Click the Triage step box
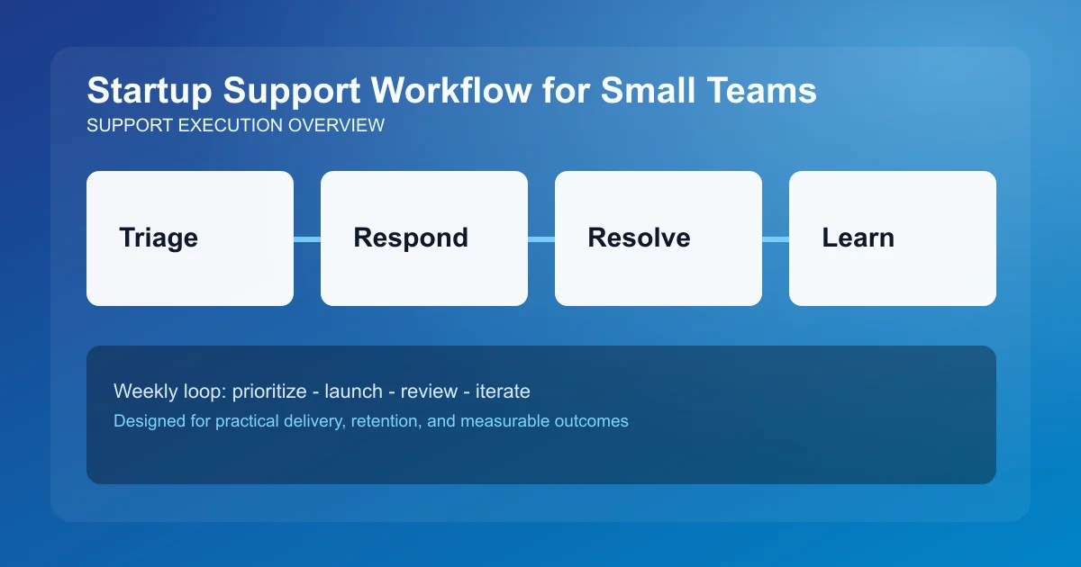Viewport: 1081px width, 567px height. (x=190, y=238)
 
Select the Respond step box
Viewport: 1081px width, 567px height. (x=424, y=238)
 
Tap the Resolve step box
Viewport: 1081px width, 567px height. (x=659, y=238)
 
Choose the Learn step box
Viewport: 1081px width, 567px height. (x=893, y=238)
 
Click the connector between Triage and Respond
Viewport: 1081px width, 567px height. (x=307, y=239)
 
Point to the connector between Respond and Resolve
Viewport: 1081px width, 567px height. (x=541, y=239)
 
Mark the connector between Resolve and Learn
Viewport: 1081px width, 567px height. (x=776, y=239)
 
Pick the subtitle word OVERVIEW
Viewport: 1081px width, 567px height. (x=336, y=126)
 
